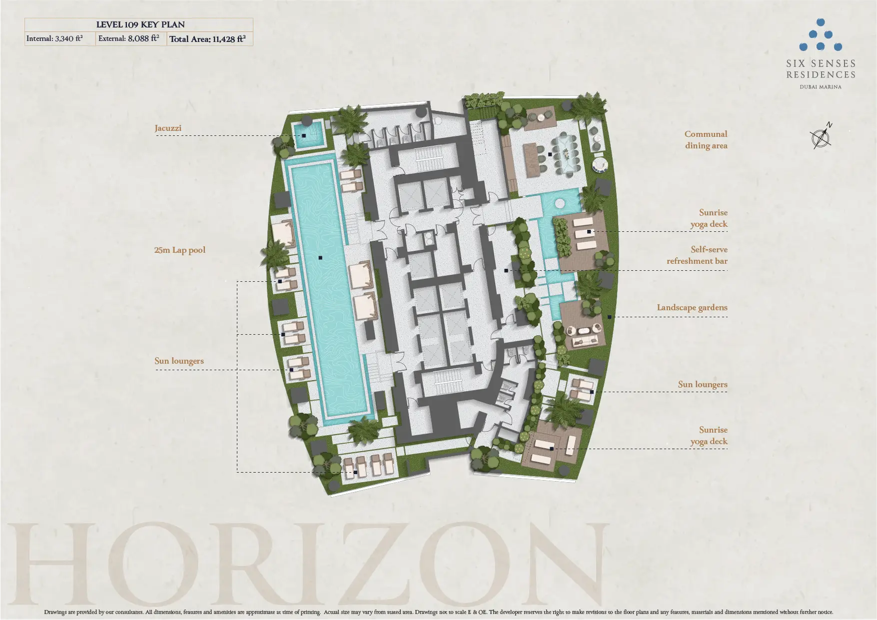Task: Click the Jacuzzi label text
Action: [x=168, y=128]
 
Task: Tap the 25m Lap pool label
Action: [x=180, y=250]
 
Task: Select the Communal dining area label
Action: [x=706, y=140]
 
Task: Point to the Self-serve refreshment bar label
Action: [x=697, y=255]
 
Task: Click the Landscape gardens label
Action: [x=692, y=308]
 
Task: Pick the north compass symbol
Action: [x=821, y=136]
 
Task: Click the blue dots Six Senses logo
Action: [x=821, y=35]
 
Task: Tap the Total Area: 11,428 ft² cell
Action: [x=210, y=39]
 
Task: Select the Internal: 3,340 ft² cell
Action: [x=60, y=39]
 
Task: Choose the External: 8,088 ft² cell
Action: [x=131, y=39]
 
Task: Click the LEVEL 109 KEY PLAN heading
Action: [x=140, y=24]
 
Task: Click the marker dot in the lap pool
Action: [x=320, y=258]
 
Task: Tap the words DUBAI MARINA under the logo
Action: [x=821, y=87]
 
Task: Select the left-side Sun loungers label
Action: [x=179, y=361]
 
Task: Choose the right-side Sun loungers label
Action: [x=703, y=385]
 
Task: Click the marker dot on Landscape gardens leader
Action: [x=609, y=317]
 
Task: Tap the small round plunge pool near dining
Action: [x=559, y=203]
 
